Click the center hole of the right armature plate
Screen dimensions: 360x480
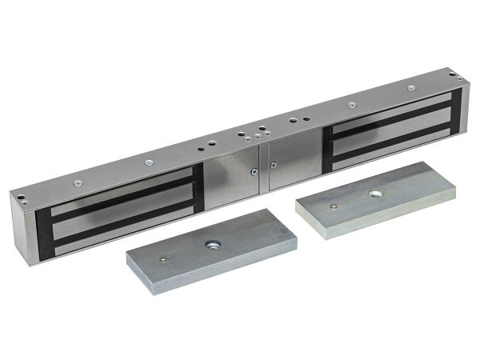click(x=374, y=194)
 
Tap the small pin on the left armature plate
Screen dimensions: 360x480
click(x=164, y=258)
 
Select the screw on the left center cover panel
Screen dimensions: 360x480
click(x=253, y=170)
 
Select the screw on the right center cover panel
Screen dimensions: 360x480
click(x=273, y=163)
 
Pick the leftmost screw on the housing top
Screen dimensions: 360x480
click(x=77, y=183)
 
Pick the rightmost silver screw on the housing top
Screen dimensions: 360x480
click(x=411, y=87)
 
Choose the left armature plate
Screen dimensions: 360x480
click(x=212, y=250)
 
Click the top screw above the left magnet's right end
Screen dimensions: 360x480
click(x=149, y=163)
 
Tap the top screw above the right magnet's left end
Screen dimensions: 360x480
click(x=350, y=104)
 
